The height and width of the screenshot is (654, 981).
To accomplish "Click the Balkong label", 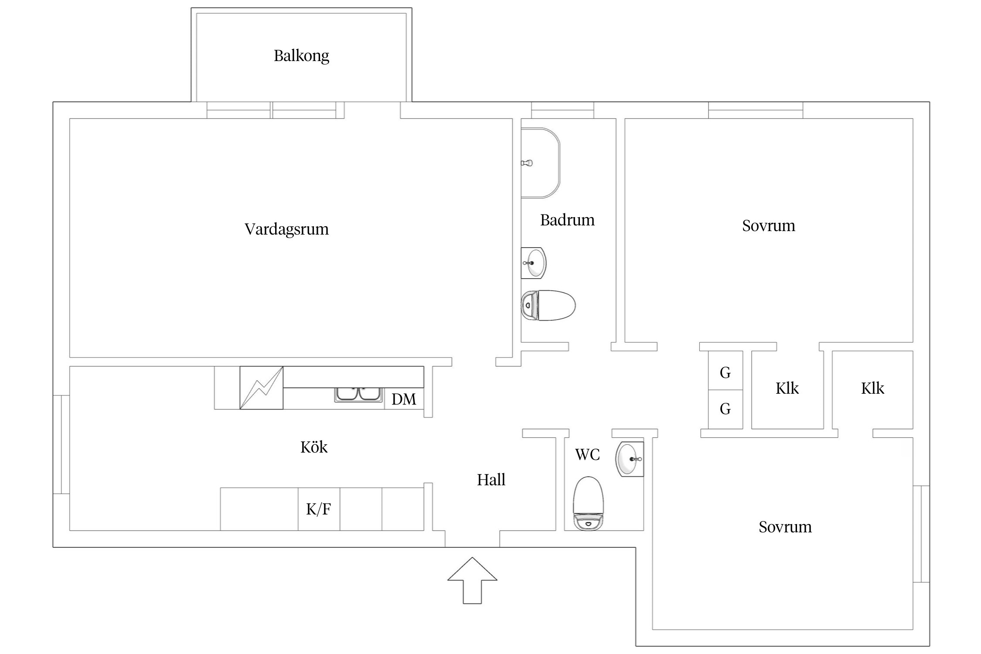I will (x=301, y=56).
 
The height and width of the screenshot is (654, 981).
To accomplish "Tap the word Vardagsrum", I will (x=286, y=229).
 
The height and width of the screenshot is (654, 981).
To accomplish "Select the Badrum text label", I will (x=567, y=220).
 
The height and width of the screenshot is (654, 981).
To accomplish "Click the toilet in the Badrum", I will (x=548, y=305).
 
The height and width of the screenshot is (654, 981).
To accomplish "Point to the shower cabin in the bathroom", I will (x=540, y=163).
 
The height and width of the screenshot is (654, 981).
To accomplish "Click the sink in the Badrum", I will (x=534, y=263).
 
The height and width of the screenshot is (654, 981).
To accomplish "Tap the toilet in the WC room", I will (x=588, y=504).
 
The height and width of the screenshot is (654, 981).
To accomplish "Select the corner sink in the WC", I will (x=630, y=459).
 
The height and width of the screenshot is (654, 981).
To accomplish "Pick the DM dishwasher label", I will (x=403, y=399).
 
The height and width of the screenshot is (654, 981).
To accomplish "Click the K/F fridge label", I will (x=318, y=509).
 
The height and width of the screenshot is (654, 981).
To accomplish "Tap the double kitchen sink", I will (x=358, y=394).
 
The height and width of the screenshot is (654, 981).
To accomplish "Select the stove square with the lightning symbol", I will (x=262, y=388).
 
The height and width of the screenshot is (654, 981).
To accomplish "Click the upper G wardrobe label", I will (x=725, y=373).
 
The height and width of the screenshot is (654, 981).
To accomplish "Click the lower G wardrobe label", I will (x=725, y=409).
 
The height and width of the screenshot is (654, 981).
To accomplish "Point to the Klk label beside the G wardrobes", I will (x=787, y=388).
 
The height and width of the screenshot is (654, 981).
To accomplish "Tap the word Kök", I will (x=313, y=447).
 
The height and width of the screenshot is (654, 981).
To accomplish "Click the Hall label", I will (x=491, y=480).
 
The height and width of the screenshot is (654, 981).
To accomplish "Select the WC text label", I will (x=587, y=455).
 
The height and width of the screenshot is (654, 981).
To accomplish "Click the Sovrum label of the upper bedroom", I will (x=768, y=226).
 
